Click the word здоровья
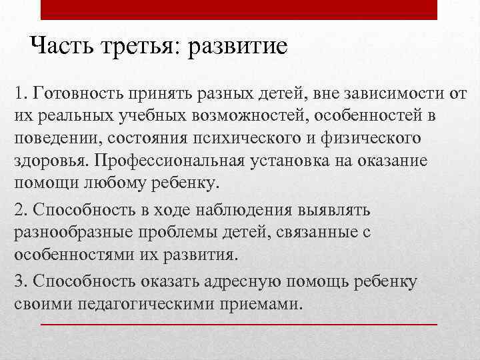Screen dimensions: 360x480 tap(50, 162)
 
